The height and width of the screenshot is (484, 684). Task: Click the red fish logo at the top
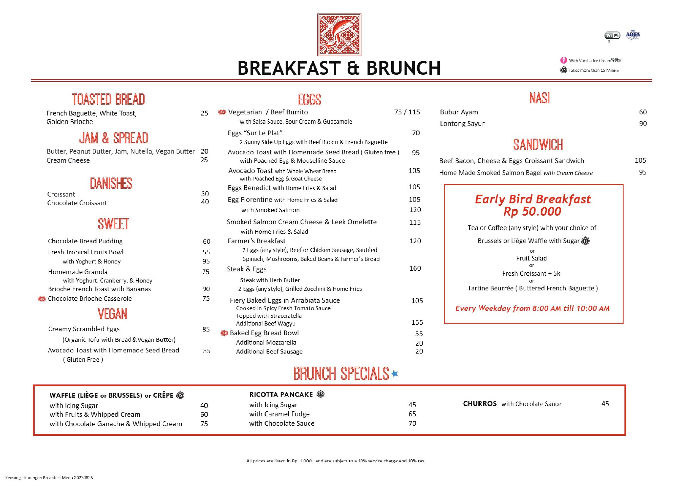click(x=339, y=35)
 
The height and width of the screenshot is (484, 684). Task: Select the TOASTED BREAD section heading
click(x=108, y=99)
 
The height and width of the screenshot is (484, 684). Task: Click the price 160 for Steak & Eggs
click(x=415, y=269)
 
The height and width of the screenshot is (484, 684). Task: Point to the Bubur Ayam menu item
click(x=459, y=112)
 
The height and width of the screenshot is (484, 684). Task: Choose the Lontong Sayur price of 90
click(x=643, y=124)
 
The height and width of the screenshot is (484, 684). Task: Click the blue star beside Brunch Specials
click(x=395, y=373)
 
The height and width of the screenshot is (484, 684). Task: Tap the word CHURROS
click(x=480, y=404)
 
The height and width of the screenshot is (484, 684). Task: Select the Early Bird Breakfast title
click(x=533, y=199)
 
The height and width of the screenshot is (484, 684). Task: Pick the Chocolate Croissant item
click(x=77, y=203)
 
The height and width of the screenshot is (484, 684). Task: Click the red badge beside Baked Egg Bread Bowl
click(x=224, y=333)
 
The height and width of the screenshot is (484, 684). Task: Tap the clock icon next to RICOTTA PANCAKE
click(x=321, y=394)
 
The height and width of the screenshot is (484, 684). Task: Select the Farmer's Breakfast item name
click(x=256, y=241)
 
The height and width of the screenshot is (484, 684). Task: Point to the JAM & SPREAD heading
click(x=114, y=138)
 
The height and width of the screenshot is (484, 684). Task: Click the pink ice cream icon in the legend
click(x=563, y=60)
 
